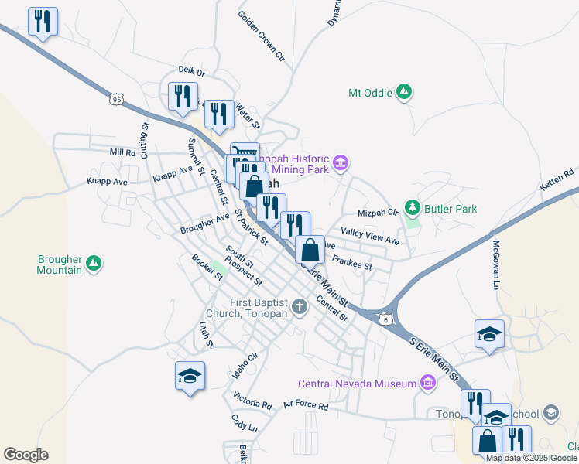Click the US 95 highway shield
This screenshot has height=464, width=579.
[116, 99]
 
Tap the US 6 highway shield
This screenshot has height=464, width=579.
[385, 319]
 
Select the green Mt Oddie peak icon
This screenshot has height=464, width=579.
[403, 93]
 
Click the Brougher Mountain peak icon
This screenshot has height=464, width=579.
[94, 264]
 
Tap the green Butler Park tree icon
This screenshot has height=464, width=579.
[413, 208]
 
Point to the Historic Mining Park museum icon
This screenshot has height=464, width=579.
[341, 163]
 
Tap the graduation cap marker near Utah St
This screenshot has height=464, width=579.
[190, 376]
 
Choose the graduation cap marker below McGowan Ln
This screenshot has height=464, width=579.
[489, 334]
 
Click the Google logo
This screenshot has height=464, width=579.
[26, 455]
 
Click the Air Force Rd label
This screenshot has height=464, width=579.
[306, 404]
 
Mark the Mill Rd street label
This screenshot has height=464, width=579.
[122, 152]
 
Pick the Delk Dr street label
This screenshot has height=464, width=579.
[190, 72]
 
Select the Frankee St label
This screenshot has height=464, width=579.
[353, 265]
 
